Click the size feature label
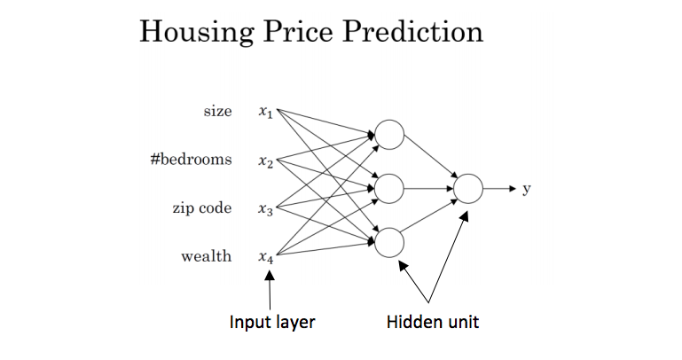[x=217, y=112]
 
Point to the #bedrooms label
[x=192, y=160]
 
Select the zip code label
[x=202, y=209]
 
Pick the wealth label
[x=207, y=257]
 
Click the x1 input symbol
[x=266, y=113]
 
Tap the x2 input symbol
[x=266, y=161]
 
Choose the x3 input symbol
[x=266, y=210]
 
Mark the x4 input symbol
[x=266, y=258]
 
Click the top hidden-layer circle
[x=389, y=135]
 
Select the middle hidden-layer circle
[x=389, y=188]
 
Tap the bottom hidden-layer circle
[x=389, y=242]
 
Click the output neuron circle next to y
[x=468, y=188]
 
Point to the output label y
[x=527, y=190]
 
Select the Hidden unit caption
[x=433, y=322]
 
